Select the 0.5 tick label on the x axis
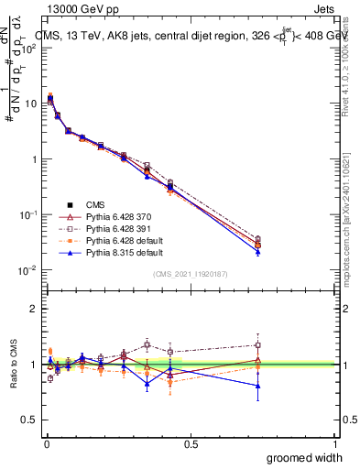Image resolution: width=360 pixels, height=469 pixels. click(x=191, y=443)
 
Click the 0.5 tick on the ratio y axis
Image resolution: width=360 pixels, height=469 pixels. click(x=30, y=420)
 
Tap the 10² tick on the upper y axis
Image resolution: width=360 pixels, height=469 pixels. click(x=29, y=47)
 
